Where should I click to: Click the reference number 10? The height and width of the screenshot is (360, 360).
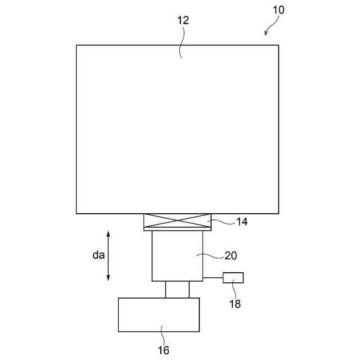coord(278,10)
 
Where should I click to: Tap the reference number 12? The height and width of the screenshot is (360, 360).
coord(183,20)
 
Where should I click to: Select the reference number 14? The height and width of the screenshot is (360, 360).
coord(242,222)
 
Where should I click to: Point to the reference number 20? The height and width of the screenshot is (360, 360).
coord(231,255)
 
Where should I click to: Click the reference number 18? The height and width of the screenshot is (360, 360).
coord(235,304)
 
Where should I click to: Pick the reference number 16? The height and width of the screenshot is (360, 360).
coord(164,350)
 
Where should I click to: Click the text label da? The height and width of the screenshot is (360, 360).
coord(98,255)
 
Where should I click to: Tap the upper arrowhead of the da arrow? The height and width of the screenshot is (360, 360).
coord(109,234)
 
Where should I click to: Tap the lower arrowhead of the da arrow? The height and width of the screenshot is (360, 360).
coord(109,278)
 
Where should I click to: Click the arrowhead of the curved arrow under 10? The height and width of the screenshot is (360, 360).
coord(266,33)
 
